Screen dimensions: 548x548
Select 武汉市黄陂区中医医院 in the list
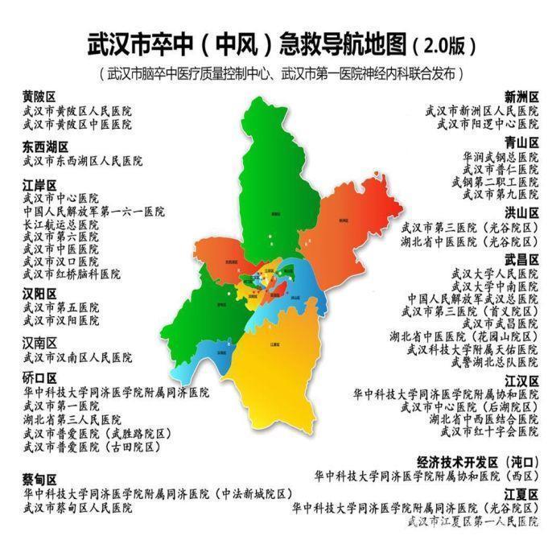click(x=77, y=124)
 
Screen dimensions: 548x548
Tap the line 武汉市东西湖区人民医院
click(x=83, y=161)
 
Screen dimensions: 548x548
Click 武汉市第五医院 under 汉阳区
click(x=61, y=307)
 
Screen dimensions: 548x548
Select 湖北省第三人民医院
click(x=72, y=420)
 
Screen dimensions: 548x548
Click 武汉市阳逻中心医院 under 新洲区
click(x=488, y=124)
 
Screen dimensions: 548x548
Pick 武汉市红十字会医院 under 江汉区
click(x=488, y=432)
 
